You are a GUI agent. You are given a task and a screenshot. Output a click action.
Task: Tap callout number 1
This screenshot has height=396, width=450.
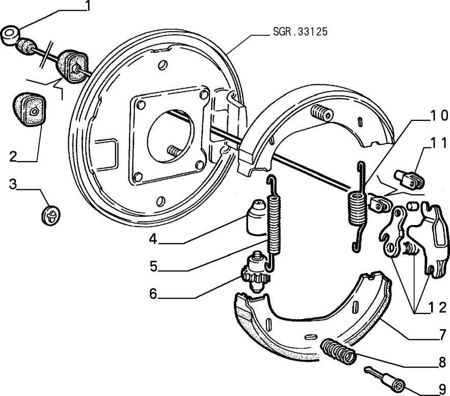point(88,6)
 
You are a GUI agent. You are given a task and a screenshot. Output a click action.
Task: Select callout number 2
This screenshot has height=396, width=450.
point(13,156)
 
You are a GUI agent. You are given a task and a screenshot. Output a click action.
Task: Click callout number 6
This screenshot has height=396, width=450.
point(153,294)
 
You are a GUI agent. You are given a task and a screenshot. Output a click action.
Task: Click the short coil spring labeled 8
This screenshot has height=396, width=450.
point(338,352)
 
